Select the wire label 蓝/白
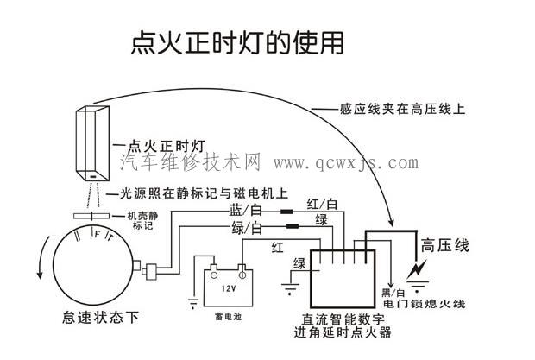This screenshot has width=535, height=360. click(246, 210)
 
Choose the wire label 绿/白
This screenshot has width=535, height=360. click(247, 229)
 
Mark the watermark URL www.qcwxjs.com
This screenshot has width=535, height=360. click(345, 162)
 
